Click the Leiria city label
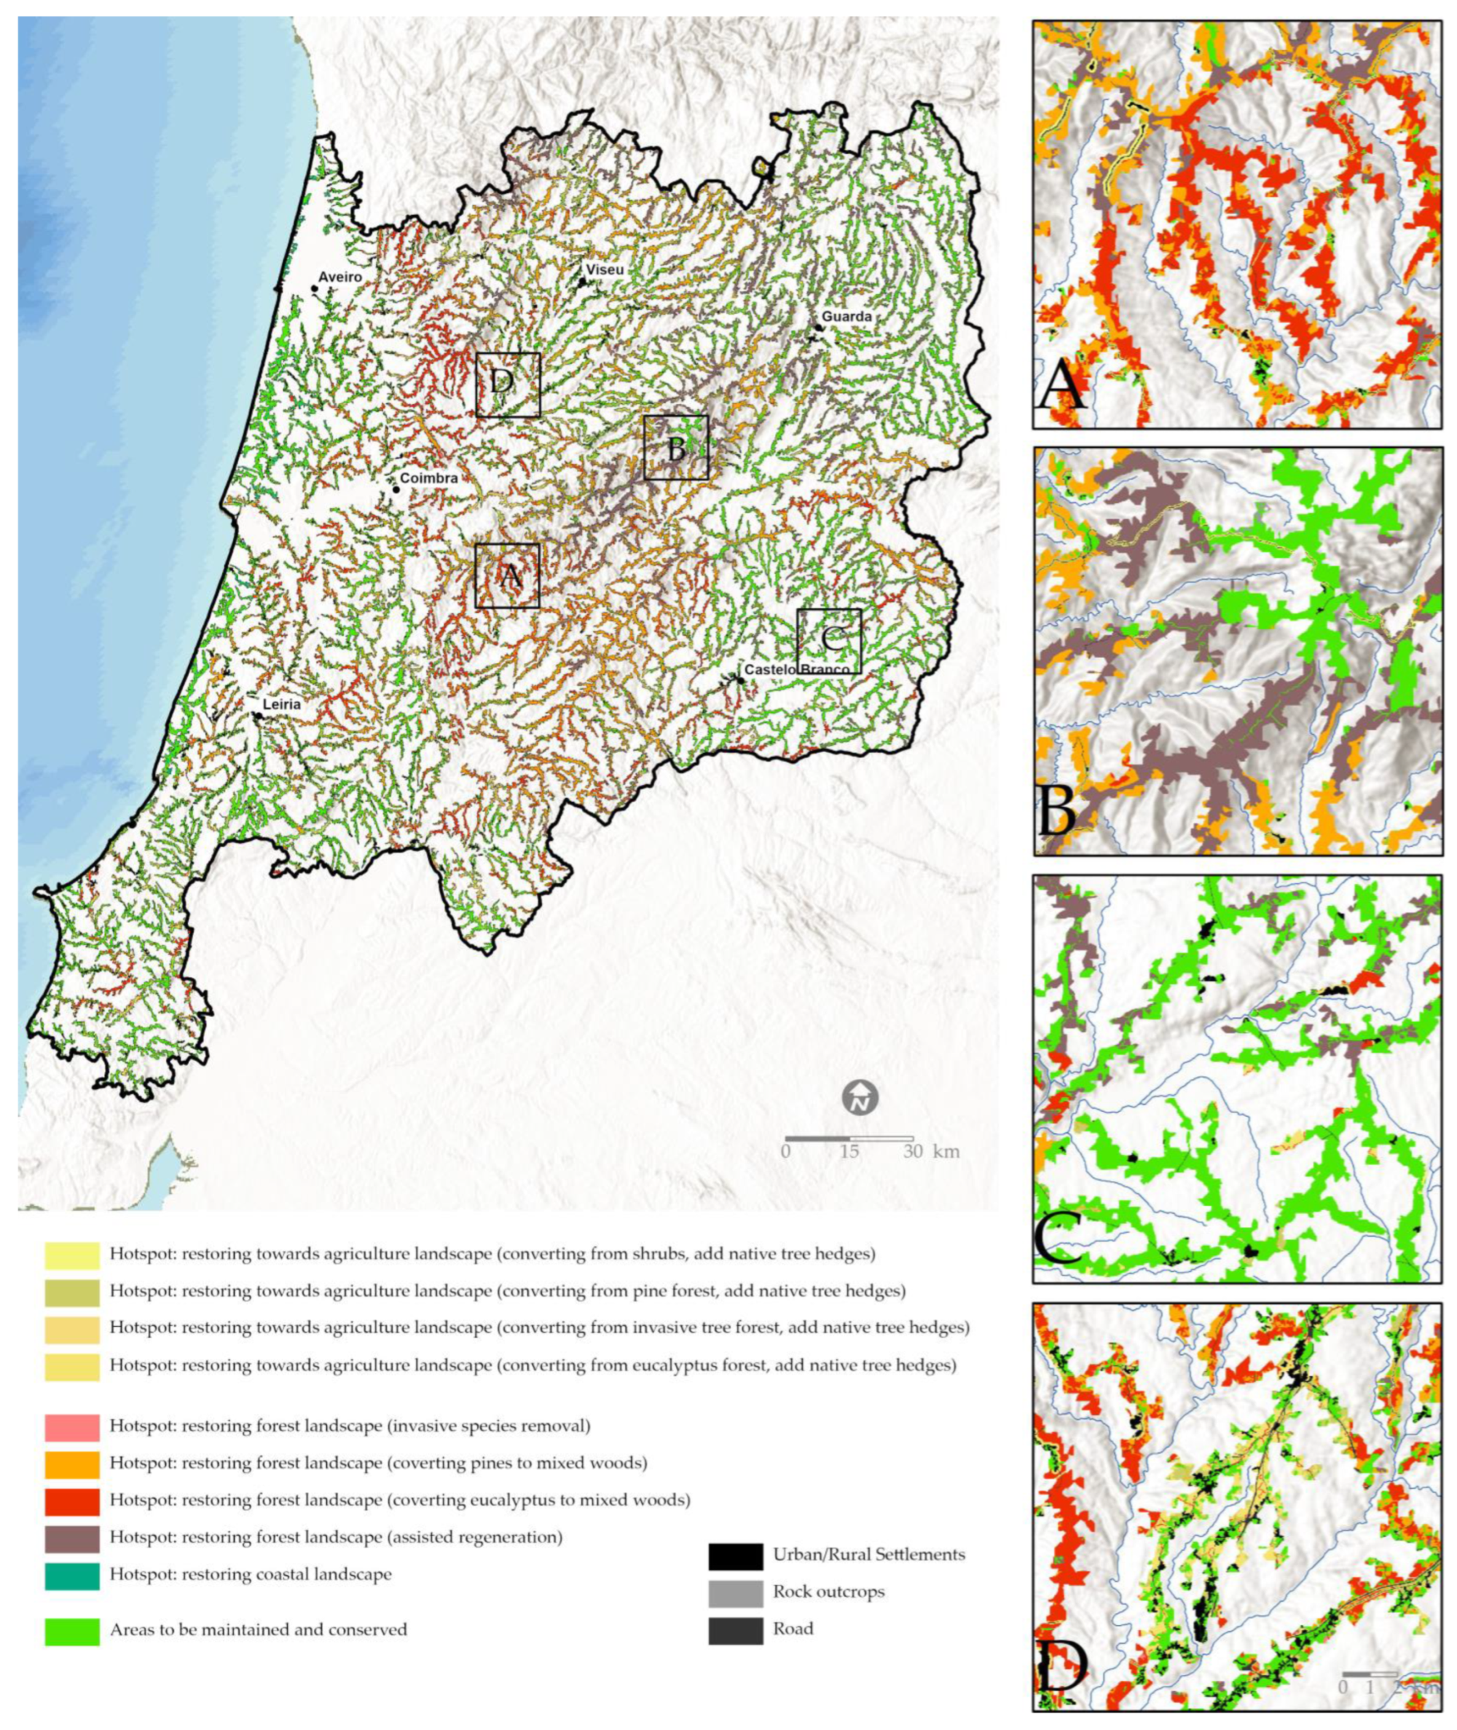click(x=281, y=705)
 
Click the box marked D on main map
click(x=507, y=384)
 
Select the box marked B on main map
click(x=675, y=447)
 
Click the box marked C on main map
click(x=828, y=641)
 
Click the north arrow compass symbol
click(x=860, y=1098)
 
